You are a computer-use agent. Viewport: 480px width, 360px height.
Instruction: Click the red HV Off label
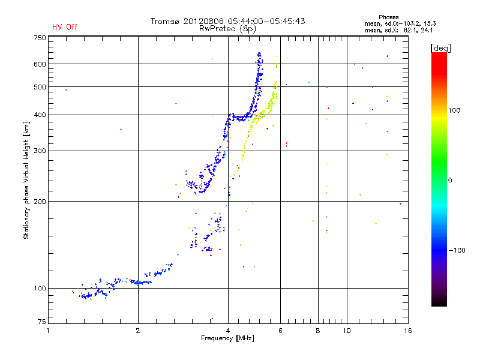click(x=65, y=27)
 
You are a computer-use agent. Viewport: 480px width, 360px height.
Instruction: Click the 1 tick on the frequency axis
click(x=48, y=330)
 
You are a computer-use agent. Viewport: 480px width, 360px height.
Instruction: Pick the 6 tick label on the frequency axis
click(x=280, y=330)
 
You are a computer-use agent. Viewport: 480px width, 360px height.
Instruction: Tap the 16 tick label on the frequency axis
click(x=407, y=330)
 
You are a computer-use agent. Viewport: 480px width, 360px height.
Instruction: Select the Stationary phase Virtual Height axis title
click(x=26, y=180)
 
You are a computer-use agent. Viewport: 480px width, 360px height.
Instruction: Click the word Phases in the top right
click(x=389, y=17)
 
